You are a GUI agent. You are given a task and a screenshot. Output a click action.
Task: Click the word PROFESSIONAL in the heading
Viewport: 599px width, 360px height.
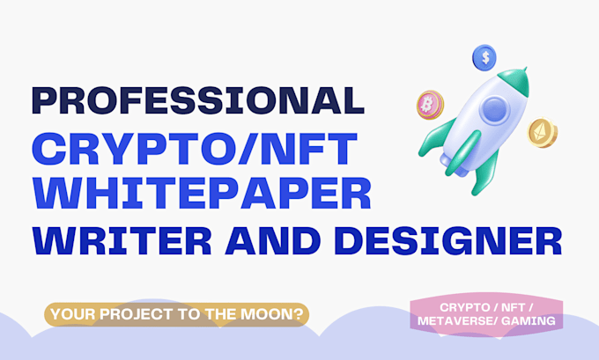coord(198,99)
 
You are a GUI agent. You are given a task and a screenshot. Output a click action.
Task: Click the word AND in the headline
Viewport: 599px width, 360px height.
coord(269,239)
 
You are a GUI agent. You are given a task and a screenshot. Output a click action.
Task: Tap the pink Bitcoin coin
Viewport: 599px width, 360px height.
coord(429,104)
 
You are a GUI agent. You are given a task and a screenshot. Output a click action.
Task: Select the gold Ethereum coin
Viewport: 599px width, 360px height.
coord(543,132)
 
